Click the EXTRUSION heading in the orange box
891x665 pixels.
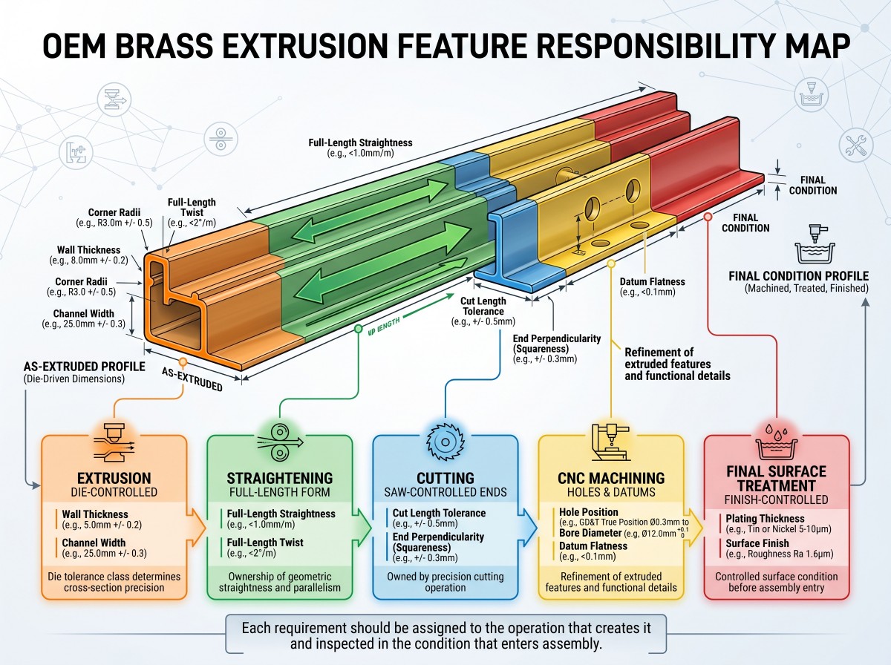coord(114,478)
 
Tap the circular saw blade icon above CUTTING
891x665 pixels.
coord(446,442)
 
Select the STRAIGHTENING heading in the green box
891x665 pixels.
coord(280,478)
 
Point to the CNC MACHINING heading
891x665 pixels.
coord(611,478)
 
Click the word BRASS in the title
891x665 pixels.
coord(164,45)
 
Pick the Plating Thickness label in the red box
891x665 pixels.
coord(765,519)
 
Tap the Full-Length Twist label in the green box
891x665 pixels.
coord(265,543)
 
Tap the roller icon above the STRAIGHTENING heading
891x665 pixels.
coord(280,442)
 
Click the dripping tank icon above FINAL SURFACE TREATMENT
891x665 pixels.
coord(776,442)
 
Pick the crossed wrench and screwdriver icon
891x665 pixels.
coord(856,145)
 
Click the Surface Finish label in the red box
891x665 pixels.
coord(757,543)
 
